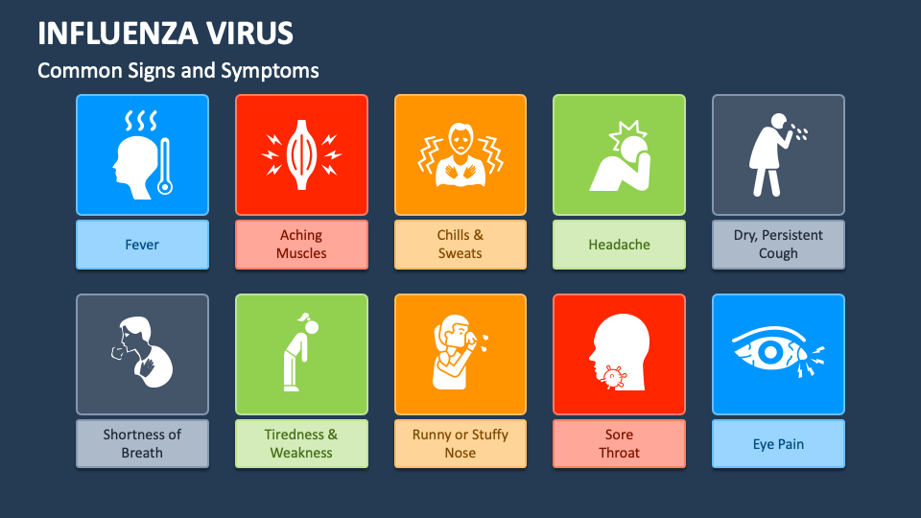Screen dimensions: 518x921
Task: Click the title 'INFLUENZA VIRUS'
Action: (x=165, y=33)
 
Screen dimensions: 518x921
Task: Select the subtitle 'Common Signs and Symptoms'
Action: (x=177, y=71)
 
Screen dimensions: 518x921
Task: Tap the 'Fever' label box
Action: (x=142, y=245)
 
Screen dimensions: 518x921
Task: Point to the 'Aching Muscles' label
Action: (x=301, y=245)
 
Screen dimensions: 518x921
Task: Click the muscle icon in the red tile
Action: (x=301, y=153)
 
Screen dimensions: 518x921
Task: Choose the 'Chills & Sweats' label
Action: (x=460, y=245)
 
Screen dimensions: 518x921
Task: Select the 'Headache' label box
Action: (x=619, y=245)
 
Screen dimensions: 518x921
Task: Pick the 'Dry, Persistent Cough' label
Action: (x=778, y=245)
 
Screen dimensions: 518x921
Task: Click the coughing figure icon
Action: (x=773, y=153)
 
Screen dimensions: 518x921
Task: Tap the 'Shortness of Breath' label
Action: (x=142, y=444)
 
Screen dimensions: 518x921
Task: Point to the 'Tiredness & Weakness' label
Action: (x=301, y=444)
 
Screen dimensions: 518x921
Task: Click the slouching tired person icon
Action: (x=299, y=353)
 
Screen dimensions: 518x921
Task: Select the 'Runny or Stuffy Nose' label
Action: (x=460, y=444)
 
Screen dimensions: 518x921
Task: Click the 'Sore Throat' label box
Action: (x=619, y=444)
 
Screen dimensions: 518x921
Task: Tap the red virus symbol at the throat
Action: (x=611, y=377)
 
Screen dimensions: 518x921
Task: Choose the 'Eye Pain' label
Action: (x=778, y=444)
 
